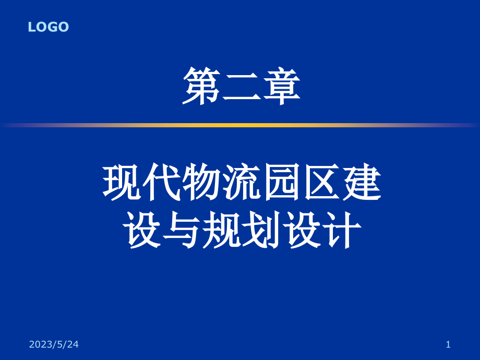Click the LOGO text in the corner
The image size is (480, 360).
tap(49, 27)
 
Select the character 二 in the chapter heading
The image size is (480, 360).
tap(241, 87)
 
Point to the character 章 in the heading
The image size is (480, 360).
tap(281, 87)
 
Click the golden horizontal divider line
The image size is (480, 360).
tap(240, 125)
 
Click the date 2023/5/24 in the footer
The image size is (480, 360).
tap(54, 344)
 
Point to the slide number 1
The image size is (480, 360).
tap(448, 344)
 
